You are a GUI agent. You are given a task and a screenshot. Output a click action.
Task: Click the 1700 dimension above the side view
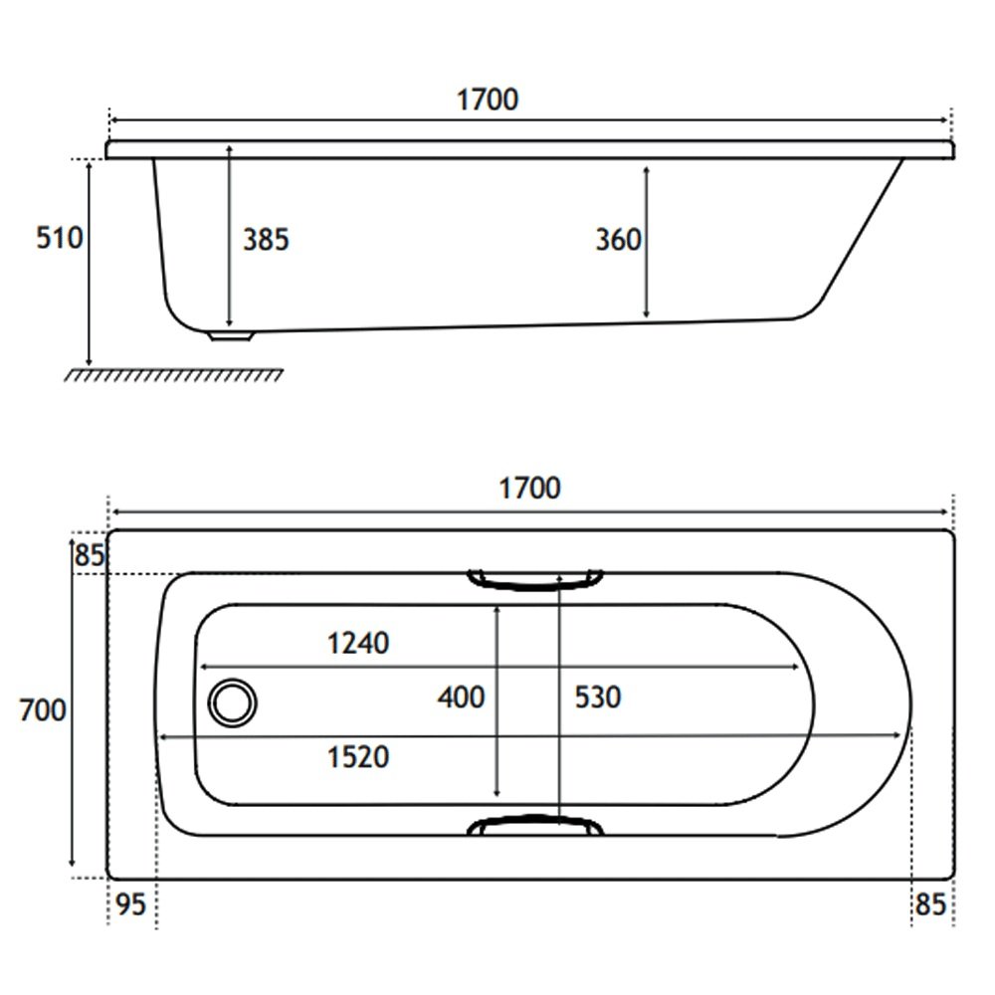pos(488,99)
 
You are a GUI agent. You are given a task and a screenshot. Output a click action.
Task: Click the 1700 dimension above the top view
pos(530,489)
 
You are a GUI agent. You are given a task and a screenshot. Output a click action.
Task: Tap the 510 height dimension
pos(59,238)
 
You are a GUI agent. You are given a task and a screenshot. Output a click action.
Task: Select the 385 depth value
pos(266,240)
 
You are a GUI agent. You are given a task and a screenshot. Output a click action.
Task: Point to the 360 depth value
pos(619,240)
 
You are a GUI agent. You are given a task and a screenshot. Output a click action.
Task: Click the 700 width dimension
pos(43,710)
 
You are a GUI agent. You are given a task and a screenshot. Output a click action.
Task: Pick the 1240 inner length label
pos(358,644)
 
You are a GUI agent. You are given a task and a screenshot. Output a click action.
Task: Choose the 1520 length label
pos(358,757)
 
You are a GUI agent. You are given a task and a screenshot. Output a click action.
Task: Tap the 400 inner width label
pos(462,697)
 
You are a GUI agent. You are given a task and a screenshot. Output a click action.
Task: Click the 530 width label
pos(598,697)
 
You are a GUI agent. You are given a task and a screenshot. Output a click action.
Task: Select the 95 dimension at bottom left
pos(131,904)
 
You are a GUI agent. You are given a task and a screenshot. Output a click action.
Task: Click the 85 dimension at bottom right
pos(931,904)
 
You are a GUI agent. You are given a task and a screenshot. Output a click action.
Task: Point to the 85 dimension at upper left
pos(90,555)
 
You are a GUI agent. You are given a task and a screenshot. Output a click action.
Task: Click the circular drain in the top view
pos(232,703)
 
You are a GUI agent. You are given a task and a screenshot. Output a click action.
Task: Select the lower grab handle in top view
pos(535,825)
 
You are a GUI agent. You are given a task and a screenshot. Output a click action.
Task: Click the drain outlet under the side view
pos(232,335)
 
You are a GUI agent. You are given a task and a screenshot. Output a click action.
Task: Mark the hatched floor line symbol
pos(173,375)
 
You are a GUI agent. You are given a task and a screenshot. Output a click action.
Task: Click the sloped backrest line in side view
pos(862,229)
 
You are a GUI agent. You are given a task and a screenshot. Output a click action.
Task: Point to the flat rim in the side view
pos(530,150)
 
